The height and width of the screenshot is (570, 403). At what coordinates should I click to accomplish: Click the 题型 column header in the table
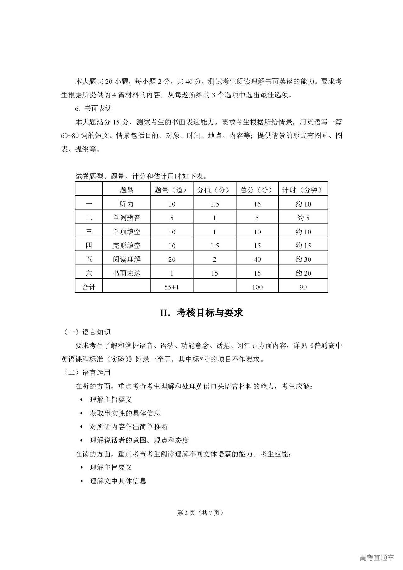coord(127,190)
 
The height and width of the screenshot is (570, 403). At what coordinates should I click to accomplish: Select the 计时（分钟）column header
coord(303,190)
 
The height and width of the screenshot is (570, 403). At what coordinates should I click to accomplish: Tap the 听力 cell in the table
coord(127,204)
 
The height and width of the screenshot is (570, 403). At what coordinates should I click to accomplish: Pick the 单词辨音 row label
coord(127,218)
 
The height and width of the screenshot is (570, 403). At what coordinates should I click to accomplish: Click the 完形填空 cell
coord(127,246)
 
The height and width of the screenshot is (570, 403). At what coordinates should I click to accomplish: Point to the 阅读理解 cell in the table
coord(127,259)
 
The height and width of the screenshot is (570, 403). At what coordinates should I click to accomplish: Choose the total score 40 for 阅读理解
coord(257,259)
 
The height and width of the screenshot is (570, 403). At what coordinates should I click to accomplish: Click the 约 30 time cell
coord(303,259)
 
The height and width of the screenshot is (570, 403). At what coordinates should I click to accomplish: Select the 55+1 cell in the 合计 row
coord(172,287)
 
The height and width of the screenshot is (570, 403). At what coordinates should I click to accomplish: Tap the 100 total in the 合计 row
coord(257,287)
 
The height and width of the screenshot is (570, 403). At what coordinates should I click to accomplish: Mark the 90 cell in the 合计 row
coord(303,287)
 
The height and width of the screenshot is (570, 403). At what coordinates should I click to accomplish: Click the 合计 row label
coord(89,287)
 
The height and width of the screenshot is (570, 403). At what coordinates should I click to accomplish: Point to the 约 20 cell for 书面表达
coord(303,273)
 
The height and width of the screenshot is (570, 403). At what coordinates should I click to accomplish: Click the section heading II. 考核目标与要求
coord(201,313)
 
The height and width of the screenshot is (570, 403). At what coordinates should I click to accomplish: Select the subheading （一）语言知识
coord(87,332)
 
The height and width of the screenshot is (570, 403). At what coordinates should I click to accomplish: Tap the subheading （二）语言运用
coord(87,373)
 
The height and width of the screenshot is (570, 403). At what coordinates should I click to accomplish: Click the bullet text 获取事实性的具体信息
coord(125,413)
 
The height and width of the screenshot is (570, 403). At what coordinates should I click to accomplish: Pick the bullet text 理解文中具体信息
coord(118,481)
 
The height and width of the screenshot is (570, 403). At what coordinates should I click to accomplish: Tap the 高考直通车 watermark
coord(377,557)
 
